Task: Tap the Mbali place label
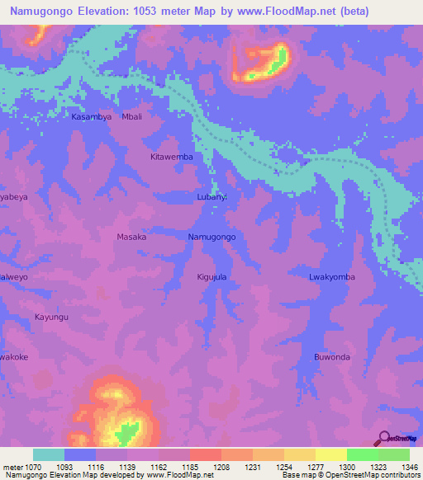tap(132, 117)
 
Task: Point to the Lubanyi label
tap(217, 197)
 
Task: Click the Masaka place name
tap(131, 237)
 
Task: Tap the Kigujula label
tap(211, 277)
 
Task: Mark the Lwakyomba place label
tap(331, 277)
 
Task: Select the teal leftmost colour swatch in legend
tap(49, 454)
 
